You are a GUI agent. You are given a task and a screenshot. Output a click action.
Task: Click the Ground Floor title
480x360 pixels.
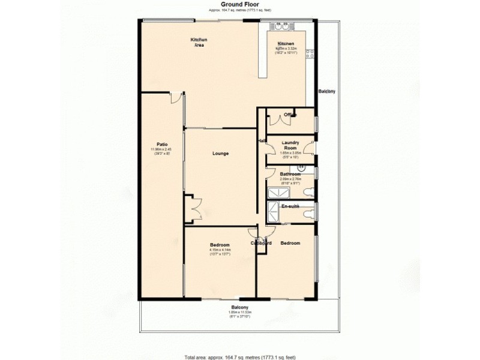pos(239,4)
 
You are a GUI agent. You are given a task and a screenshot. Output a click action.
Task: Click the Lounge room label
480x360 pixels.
pos(220,154)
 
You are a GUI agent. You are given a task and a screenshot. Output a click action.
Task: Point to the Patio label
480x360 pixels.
pos(161,144)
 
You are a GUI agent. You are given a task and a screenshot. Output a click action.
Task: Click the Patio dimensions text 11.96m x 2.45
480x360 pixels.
pos(161,150)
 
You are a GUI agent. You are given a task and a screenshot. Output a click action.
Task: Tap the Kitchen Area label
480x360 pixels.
pos(199,43)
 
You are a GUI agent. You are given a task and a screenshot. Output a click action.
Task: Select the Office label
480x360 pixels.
pos(290,115)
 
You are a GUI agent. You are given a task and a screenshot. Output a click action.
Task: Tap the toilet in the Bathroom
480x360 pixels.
pos(309,192)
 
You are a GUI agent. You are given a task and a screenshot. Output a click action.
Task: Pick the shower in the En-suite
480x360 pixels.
pos(273,212)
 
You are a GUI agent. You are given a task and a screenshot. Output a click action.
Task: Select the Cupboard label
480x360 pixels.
pos(262,243)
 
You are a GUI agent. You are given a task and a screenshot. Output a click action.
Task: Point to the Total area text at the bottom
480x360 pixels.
pos(239,356)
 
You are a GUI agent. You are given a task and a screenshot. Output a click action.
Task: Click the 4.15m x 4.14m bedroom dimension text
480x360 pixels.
pos(220,250)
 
